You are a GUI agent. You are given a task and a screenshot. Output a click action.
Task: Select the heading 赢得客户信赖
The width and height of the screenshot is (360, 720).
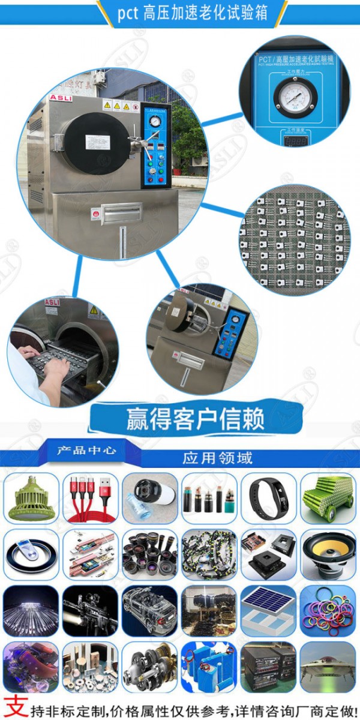[195, 419]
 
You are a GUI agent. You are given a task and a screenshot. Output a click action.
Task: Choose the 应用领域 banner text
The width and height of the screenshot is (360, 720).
[217, 458]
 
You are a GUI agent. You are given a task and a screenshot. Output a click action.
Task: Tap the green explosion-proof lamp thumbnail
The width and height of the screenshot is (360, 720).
[31, 498]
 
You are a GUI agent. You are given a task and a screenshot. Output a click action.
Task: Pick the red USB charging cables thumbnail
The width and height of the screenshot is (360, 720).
[91, 498]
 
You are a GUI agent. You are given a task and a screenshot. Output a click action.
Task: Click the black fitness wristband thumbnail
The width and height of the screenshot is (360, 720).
[268, 498]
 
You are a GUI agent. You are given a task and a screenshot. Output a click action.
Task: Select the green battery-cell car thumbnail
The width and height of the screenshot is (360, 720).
[328, 498]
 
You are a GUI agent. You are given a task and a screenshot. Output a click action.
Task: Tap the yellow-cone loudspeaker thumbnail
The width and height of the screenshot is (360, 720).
[328, 554]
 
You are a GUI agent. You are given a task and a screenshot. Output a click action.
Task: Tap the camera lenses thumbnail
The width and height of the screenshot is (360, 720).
[150, 554]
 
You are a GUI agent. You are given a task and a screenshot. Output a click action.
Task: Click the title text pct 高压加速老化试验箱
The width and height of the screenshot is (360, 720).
[192, 13]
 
